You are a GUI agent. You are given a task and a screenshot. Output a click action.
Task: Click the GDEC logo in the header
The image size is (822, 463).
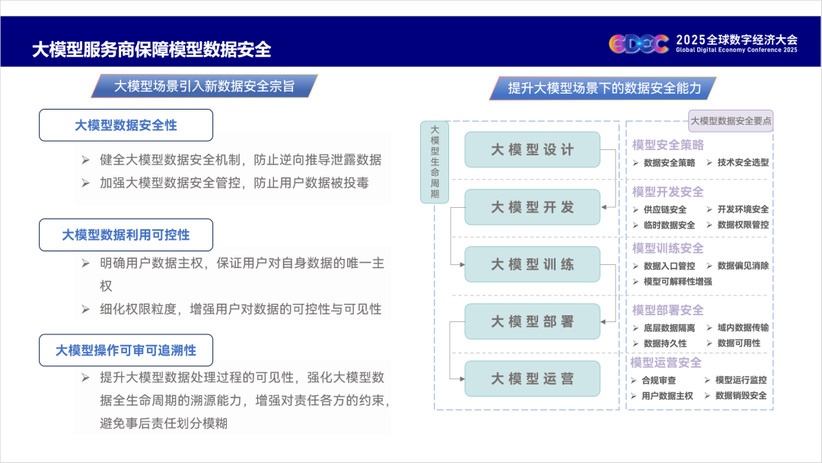pos(639,43)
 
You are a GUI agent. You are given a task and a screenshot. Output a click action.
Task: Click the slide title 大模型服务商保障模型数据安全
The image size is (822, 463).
pos(151,49)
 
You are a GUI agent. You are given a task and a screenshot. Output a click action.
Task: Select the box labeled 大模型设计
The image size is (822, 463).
pos(532,149)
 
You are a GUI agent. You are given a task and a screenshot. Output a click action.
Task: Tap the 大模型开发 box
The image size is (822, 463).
pos(532,207)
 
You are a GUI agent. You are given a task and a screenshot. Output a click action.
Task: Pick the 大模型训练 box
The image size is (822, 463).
pos(532,264)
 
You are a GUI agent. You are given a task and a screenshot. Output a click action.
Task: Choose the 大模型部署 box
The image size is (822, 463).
pos(532,321)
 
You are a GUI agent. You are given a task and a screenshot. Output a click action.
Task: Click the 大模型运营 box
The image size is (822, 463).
pos(532,378)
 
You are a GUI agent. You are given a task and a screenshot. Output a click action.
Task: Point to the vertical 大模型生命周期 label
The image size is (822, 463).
pos(435,162)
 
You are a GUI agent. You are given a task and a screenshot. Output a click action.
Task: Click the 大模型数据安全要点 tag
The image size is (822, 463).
pos(731,121)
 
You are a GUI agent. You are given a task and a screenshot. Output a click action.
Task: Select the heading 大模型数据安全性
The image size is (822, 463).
pos(126,126)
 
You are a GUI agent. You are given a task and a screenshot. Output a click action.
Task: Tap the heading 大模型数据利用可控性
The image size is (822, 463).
pos(126,235)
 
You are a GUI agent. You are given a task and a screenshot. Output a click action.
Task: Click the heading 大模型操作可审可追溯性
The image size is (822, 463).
pos(126,350)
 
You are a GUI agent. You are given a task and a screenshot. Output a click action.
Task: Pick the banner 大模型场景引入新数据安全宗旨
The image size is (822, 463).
pos(205,86)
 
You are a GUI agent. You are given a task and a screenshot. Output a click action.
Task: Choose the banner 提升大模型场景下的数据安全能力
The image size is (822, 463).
pos(604,88)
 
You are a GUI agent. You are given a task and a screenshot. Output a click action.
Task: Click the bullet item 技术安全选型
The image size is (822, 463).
pos(743,162)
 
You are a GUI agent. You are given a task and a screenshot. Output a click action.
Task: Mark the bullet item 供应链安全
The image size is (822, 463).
pos(664,209)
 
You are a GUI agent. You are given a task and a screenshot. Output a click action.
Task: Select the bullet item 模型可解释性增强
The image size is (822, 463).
pos(678,282)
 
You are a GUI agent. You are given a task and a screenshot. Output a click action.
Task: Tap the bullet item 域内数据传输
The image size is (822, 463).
pos(743,327)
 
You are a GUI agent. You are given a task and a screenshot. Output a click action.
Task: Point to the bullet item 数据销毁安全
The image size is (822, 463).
pos(741,395)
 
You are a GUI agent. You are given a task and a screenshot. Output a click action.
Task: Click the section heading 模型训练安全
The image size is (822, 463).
pos(668,248)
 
